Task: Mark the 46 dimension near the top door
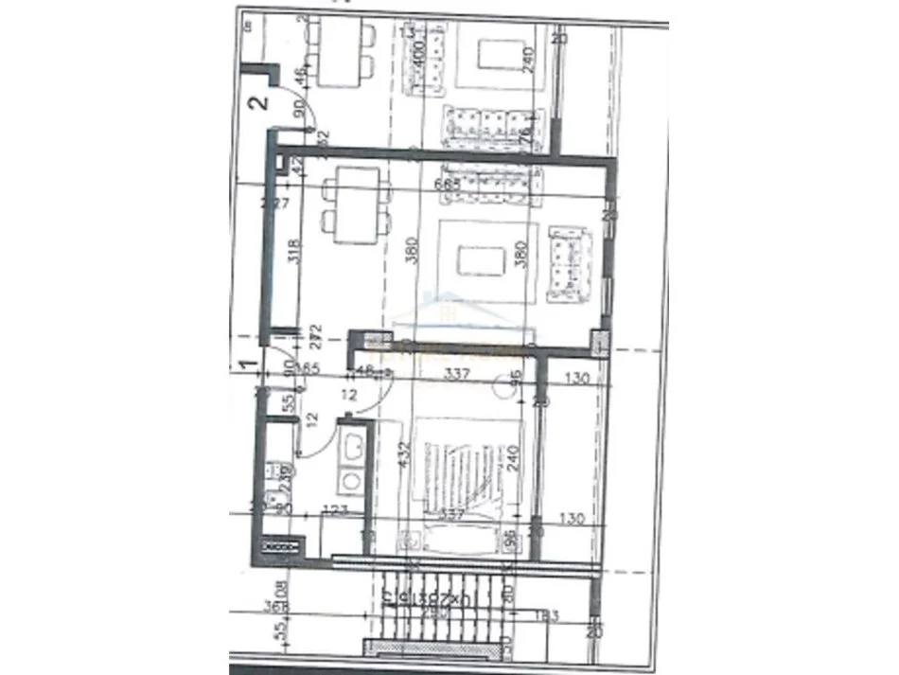point(301,76)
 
